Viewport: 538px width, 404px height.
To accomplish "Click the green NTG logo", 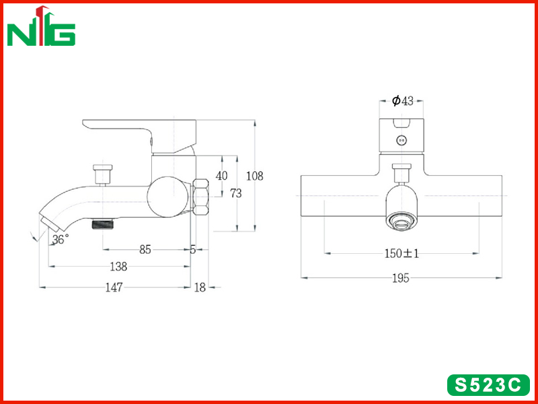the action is pyautogui.click(x=41, y=26).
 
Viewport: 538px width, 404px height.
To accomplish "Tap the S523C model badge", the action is pyautogui.click(x=488, y=385).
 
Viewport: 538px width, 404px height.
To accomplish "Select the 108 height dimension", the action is pyautogui.click(x=255, y=176).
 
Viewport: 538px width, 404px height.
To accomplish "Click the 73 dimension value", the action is pyautogui.click(x=236, y=193).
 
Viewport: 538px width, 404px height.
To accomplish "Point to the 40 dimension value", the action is pyautogui.click(x=221, y=176).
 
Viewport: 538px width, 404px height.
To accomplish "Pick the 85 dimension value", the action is pyautogui.click(x=145, y=250).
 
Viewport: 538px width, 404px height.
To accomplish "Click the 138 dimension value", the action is pyautogui.click(x=118, y=267).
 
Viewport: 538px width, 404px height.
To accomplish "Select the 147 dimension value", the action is pyautogui.click(x=114, y=288).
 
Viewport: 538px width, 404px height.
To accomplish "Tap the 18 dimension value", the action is pyautogui.click(x=200, y=288).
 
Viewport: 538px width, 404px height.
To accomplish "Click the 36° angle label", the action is pyautogui.click(x=61, y=239).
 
